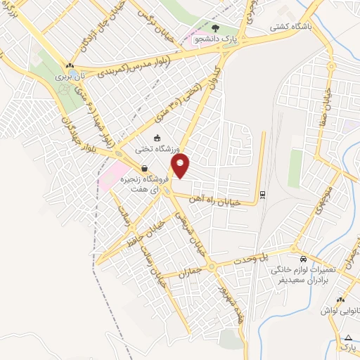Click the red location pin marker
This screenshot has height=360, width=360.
pyautogui.click(x=181, y=167)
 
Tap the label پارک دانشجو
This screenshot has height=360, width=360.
pyautogui.click(x=216, y=40)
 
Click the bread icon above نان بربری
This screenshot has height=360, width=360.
pyautogui.click(x=68, y=64)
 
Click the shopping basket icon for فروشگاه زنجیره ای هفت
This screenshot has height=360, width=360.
pyautogui.click(x=144, y=169)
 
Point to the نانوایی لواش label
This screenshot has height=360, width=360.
pyautogui.click(x=341, y=310)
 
